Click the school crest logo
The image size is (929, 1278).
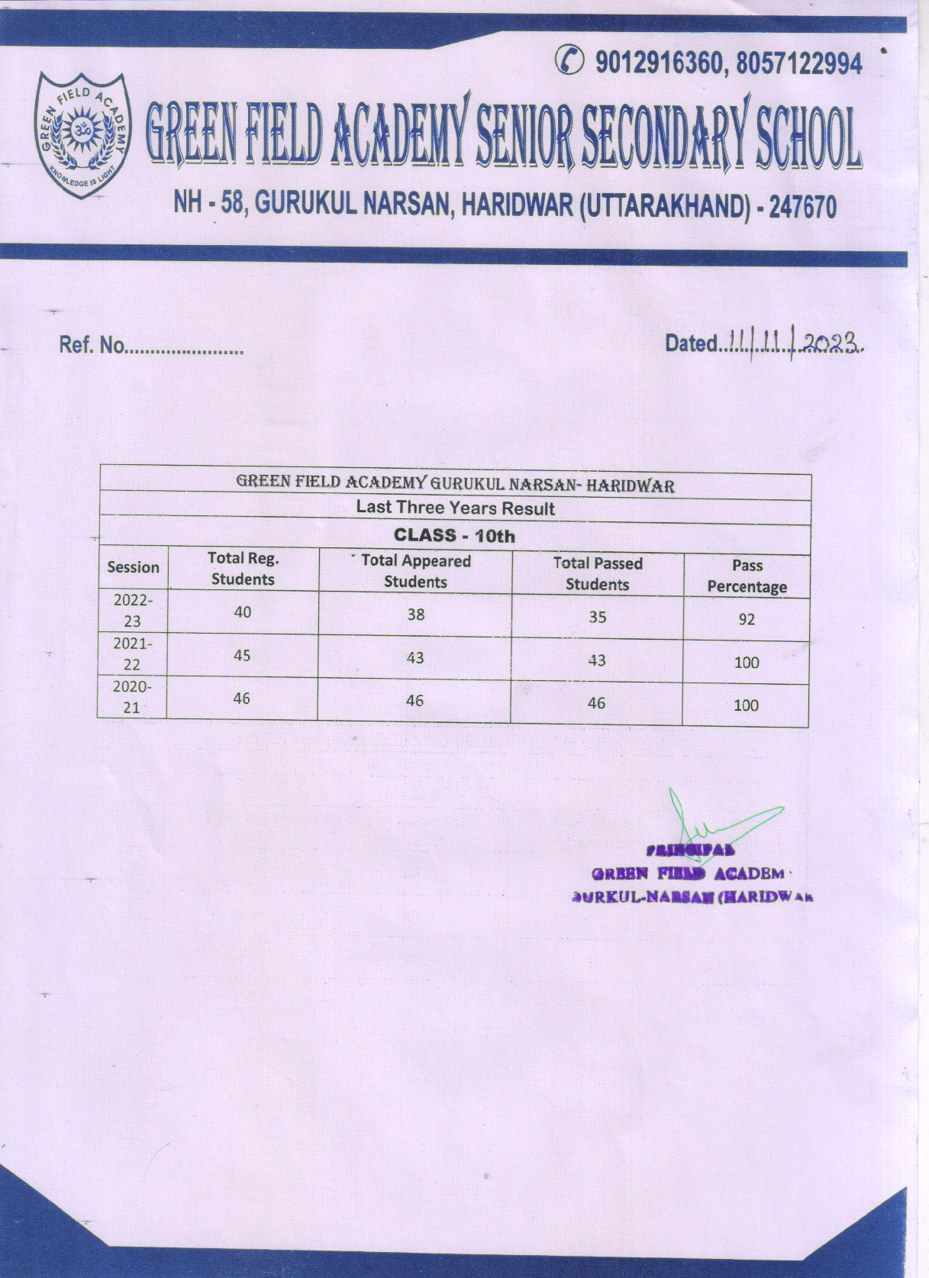[82, 134]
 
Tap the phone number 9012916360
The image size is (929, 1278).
[660, 63]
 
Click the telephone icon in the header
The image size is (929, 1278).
[571, 60]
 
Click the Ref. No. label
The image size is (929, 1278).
[92, 345]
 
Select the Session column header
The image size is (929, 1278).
[133, 567]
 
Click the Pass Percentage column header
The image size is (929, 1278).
[747, 576]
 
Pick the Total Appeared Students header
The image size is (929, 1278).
[415, 571]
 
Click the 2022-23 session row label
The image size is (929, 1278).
[133, 611]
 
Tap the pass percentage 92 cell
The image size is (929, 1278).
[747, 619]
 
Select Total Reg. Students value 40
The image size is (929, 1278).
[243, 612]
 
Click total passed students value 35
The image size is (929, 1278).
[597, 617]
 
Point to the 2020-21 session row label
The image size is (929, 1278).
[132, 697]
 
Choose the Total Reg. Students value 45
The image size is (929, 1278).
[242, 656]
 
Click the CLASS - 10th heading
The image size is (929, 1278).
[454, 536]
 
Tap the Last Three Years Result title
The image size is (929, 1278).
[455, 508]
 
